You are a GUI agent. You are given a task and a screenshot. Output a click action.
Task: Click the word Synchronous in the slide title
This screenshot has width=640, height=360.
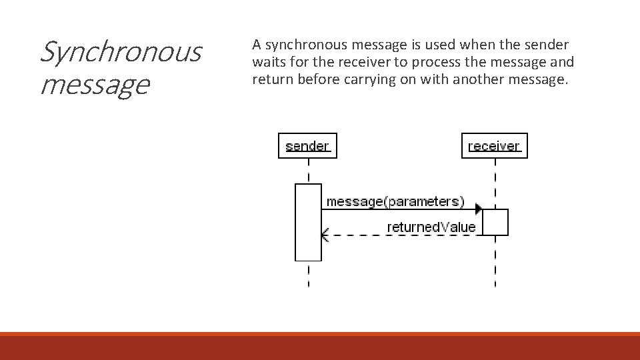pos(120,52)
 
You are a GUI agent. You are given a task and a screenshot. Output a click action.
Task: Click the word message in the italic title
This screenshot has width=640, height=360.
pos(94,85)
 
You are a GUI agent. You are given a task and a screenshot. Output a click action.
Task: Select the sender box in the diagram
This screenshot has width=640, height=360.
pos(307,145)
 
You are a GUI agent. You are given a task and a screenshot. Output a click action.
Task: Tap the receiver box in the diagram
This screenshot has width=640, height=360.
pos(494,145)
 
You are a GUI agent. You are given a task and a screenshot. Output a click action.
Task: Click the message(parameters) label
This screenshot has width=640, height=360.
pos(395,201)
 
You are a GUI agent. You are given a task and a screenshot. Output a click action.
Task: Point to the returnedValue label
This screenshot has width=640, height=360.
pos(431,227)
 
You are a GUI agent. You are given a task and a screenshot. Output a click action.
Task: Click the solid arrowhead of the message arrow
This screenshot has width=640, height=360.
pos(479,209)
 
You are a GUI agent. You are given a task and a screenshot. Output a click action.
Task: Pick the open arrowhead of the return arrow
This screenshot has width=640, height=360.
pos(325,235)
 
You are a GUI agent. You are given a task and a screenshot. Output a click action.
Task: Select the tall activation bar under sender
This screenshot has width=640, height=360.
pos(308,222)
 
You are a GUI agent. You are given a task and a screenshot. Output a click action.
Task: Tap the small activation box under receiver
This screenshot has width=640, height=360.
pos(495,222)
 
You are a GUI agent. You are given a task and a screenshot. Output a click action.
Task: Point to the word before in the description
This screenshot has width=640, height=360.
pos(315,80)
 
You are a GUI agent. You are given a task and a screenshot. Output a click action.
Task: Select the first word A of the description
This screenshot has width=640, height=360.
pos(256,45)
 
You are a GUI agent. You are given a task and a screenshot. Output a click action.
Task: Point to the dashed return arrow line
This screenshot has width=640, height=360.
pos(400,235)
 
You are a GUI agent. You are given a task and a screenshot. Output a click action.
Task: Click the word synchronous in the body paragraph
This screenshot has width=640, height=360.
pos(305,45)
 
